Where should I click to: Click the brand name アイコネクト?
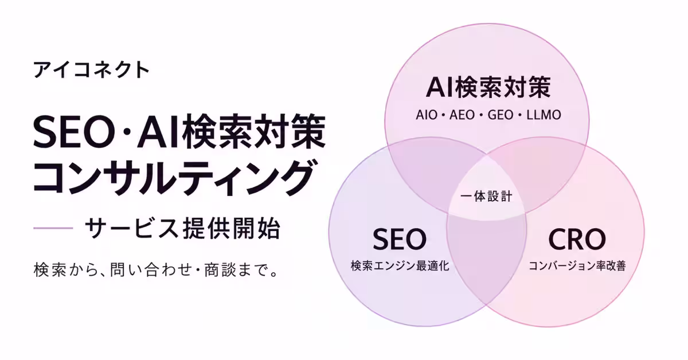click(x=92, y=70)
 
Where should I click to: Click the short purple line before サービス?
click(x=53, y=228)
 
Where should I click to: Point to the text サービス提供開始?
click(x=183, y=228)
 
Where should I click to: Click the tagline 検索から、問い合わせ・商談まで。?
click(x=156, y=269)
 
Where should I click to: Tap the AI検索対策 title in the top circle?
click(x=488, y=88)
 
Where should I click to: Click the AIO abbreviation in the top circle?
click(x=427, y=115)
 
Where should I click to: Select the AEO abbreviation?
click(x=462, y=115)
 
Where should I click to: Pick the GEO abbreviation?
click(x=501, y=115)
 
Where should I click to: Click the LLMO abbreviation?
click(x=544, y=115)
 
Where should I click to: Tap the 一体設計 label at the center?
click(x=487, y=196)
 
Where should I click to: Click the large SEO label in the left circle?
click(x=400, y=239)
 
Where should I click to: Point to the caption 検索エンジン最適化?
click(x=400, y=265)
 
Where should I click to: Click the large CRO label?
click(x=577, y=239)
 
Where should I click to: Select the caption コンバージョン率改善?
click(x=577, y=265)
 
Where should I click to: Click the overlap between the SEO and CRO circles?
click(x=487, y=261)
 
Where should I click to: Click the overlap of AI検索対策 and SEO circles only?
click(x=430, y=172)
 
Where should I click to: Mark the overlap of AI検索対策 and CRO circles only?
click(x=544, y=172)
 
